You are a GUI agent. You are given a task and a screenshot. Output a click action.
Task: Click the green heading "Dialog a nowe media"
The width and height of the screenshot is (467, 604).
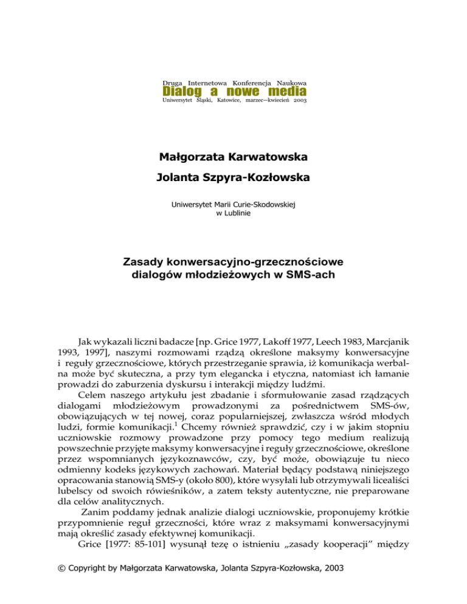coord(234,91)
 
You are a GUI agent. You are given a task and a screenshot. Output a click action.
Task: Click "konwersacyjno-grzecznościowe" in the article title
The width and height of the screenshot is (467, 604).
coord(260,262)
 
